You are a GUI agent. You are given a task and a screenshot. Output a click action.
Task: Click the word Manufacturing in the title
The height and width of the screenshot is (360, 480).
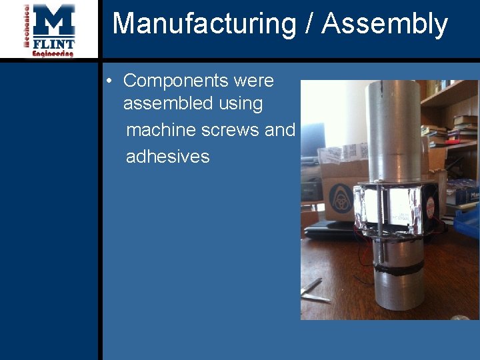(x=204, y=24)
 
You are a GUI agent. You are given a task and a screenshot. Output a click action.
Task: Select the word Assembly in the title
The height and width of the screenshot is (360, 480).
(x=385, y=24)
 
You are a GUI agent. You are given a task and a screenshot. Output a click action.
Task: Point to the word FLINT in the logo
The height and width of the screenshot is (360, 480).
(x=54, y=44)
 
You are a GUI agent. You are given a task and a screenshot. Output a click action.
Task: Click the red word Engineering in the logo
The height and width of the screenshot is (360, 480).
(x=53, y=53)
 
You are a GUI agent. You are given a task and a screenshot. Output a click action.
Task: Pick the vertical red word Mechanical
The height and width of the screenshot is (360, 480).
(x=27, y=27)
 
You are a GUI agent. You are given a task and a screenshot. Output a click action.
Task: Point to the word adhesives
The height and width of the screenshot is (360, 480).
(x=167, y=157)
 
